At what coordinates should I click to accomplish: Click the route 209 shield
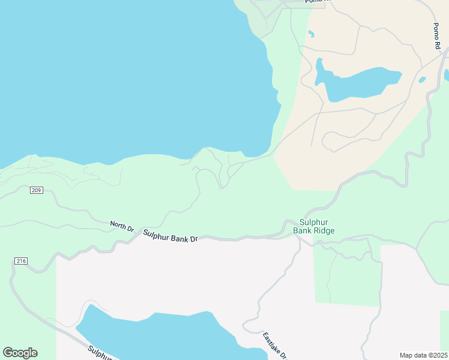[x=36, y=190]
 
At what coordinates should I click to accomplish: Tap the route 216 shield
[x=21, y=261]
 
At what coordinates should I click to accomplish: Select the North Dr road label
[x=122, y=226]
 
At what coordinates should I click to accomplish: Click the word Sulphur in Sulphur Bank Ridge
[x=313, y=222]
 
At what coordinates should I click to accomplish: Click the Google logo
[x=20, y=353]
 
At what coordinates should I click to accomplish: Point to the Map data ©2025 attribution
[x=423, y=355]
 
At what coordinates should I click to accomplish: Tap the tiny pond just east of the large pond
[x=423, y=79]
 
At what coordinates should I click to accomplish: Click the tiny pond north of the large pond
[x=310, y=34]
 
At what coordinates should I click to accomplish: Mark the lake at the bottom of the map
[x=168, y=336]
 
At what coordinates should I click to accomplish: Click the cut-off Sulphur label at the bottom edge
[x=100, y=353]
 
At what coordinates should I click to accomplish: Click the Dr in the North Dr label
[x=129, y=228]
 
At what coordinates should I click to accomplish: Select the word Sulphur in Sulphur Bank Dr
[x=157, y=233]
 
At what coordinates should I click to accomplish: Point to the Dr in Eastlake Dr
[x=283, y=355]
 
